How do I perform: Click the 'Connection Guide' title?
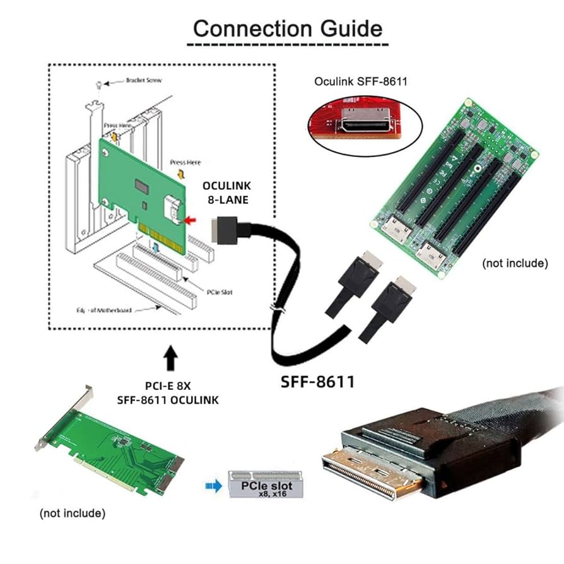287,28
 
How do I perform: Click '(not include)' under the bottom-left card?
73,513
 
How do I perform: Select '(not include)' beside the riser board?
515,262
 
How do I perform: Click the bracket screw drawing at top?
99,85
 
